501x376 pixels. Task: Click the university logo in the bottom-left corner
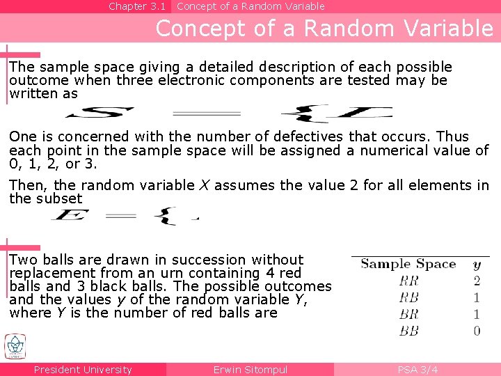coord(15,347)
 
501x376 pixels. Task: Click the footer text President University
coord(83,370)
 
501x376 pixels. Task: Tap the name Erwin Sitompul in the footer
coord(250,370)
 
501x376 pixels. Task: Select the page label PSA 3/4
coord(417,370)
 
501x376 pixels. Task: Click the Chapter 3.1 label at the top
coord(137,6)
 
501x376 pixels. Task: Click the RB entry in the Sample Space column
coord(409,298)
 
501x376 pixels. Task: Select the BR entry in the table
coord(409,315)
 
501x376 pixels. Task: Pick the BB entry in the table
coord(409,331)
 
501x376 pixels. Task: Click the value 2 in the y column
coord(477,281)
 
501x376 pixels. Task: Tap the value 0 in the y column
coord(477,331)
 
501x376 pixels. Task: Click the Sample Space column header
coord(408,264)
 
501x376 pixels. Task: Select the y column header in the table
coord(477,265)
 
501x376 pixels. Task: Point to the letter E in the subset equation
coord(70,217)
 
